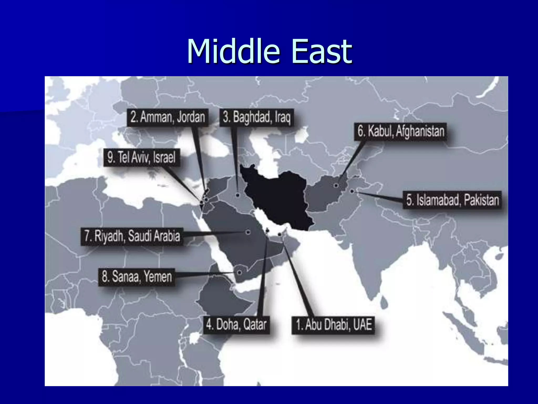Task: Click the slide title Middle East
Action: click(269, 52)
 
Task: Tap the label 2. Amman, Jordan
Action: click(168, 117)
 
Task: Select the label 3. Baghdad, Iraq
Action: click(256, 117)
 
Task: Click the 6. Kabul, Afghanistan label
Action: click(401, 131)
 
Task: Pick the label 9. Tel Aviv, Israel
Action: click(141, 158)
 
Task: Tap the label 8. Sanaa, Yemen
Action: click(137, 277)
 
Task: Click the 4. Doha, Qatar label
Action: click(236, 325)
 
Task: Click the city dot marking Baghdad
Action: click(237, 195)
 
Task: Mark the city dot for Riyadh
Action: click(248, 232)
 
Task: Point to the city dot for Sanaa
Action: click(239, 272)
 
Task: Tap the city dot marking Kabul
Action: click(336, 185)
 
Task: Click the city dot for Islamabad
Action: click(352, 191)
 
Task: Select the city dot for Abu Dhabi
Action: click(280, 234)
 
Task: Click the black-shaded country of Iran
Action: click(278, 197)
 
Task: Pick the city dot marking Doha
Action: click(267, 231)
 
